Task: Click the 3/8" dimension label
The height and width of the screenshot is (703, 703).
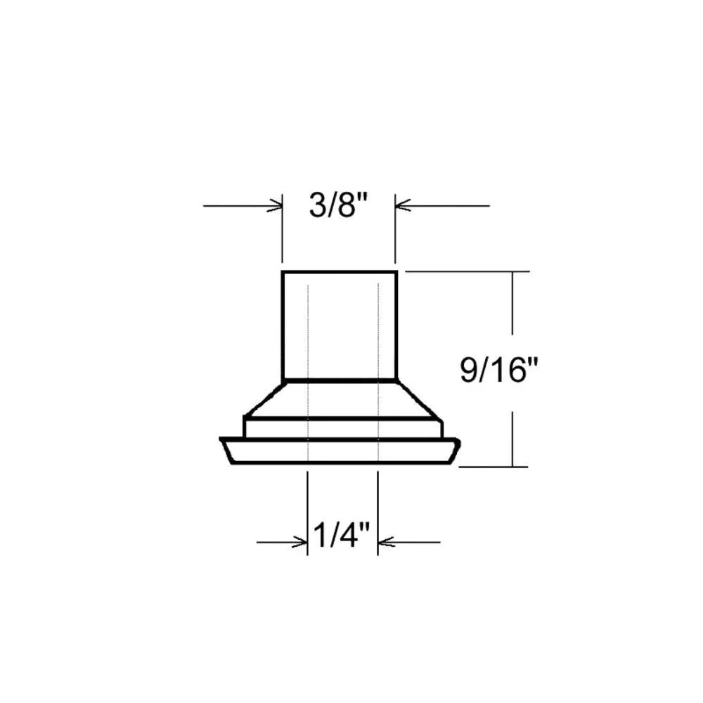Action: [338, 205]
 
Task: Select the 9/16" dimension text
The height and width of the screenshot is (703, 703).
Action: [498, 370]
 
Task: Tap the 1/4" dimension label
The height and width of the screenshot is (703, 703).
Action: [341, 535]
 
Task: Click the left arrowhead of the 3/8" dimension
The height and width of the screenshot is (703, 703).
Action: [275, 206]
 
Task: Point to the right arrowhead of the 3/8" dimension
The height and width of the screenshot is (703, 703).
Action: [403, 206]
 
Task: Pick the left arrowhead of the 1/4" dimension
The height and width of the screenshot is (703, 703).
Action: [300, 543]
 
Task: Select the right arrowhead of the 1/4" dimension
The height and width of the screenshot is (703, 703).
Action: [386, 542]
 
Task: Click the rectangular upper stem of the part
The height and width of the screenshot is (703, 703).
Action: [340, 325]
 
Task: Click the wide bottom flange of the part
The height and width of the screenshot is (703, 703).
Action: [340, 451]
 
